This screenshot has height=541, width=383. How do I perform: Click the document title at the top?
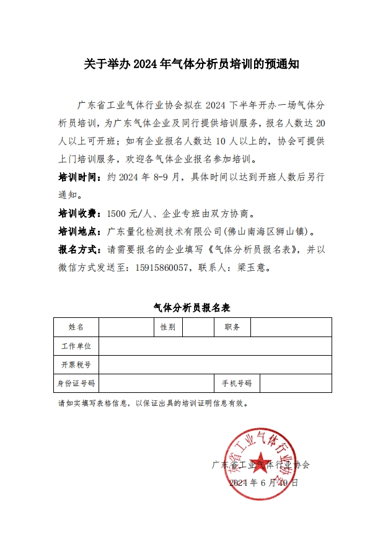[x=191, y=64]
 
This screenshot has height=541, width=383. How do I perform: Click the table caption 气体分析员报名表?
[x=191, y=307]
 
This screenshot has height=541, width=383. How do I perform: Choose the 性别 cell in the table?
[x=167, y=327]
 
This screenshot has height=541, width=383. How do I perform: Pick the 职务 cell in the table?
[x=232, y=327]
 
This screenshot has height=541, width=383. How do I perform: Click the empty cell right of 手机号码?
[x=296, y=383]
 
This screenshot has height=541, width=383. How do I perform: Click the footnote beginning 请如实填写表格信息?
[x=152, y=403]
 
